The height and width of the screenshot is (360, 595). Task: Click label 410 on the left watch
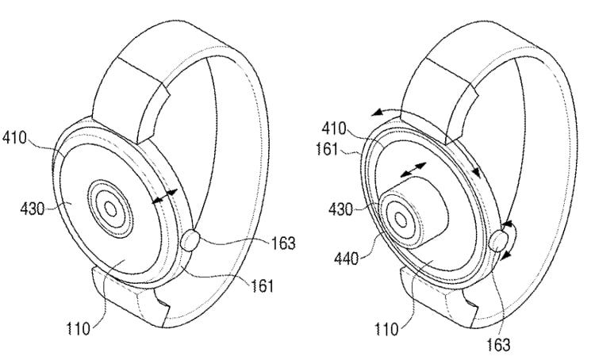click(x=14, y=138)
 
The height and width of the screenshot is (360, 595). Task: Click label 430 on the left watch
click(x=33, y=209)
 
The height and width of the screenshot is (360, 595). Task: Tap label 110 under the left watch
click(x=79, y=328)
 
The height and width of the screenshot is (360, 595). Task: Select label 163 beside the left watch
click(x=283, y=243)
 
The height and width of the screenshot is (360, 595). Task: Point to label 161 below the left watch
click(x=262, y=285)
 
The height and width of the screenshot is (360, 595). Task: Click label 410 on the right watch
click(x=334, y=129)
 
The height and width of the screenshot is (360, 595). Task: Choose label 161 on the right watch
click(x=327, y=149)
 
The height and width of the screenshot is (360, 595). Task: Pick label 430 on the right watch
click(x=341, y=209)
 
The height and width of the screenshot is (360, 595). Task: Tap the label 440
click(x=346, y=259)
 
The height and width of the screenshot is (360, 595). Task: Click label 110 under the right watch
click(x=386, y=328)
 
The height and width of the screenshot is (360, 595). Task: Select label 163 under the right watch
click(x=499, y=345)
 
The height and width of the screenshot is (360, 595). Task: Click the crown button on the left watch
click(x=190, y=240)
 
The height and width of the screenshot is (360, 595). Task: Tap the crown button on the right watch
click(x=498, y=241)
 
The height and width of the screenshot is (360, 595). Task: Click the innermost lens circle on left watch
click(x=110, y=209)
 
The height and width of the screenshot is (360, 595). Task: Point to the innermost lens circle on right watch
click(x=401, y=219)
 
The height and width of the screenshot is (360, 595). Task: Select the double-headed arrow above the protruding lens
click(x=413, y=170)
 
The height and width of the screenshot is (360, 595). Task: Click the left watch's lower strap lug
click(x=129, y=296)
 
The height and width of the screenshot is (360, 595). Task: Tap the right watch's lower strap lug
click(x=437, y=297)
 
